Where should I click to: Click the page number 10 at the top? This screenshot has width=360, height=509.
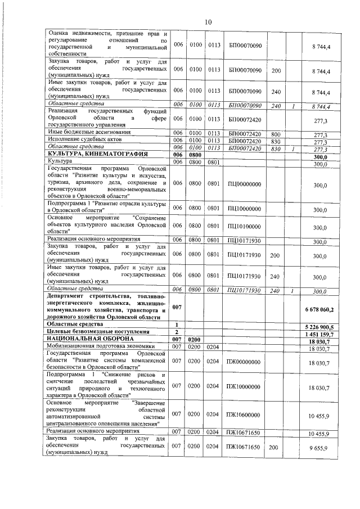pos(208,21)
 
